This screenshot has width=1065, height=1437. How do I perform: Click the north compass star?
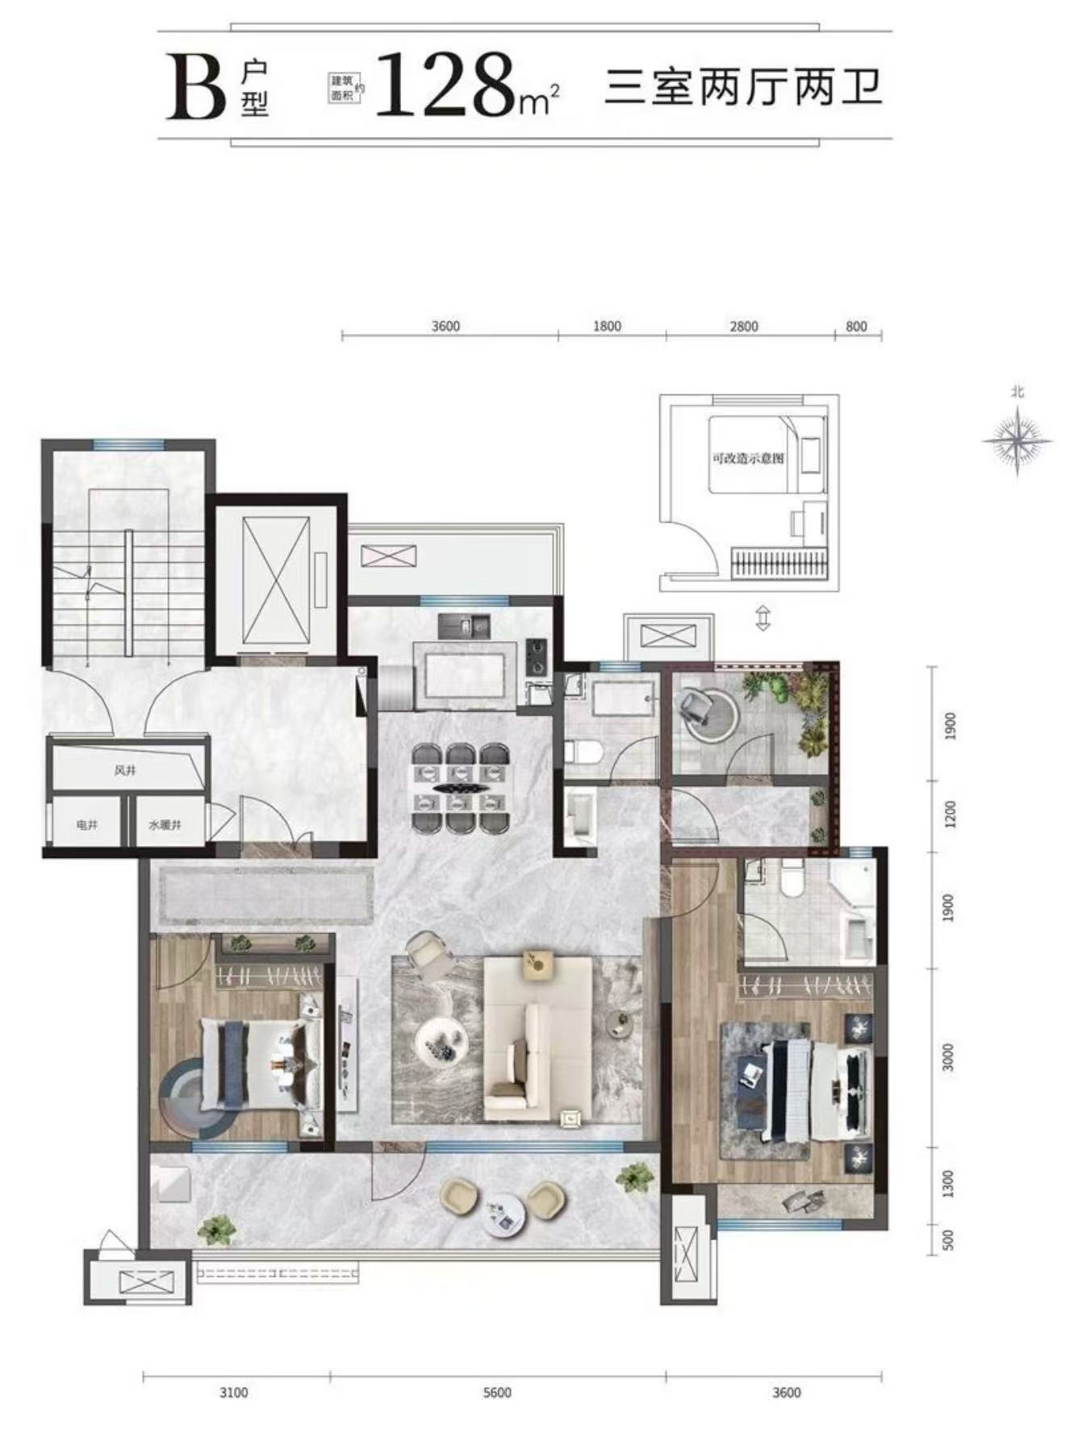[x=1017, y=439]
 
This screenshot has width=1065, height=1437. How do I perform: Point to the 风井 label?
[x=124, y=771]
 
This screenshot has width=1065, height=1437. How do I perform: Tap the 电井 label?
[x=87, y=826]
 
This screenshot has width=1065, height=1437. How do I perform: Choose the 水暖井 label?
[x=165, y=826]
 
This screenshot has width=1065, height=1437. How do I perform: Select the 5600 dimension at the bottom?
[x=498, y=1393]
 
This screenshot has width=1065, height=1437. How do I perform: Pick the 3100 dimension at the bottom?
[x=234, y=1393]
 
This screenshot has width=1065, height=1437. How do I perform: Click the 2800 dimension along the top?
[x=744, y=327]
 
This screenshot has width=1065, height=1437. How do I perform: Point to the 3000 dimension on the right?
[x=949, y=1057]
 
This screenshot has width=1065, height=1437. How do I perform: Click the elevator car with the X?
[x=276, y=580]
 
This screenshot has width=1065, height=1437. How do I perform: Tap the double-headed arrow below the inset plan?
[x=762, y=619]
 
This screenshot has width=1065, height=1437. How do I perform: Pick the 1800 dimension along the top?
[x=607, y=327]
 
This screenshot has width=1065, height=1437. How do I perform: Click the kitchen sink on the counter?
[x=465, y=624]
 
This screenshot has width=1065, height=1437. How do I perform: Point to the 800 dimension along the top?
[x=857, y=327]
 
